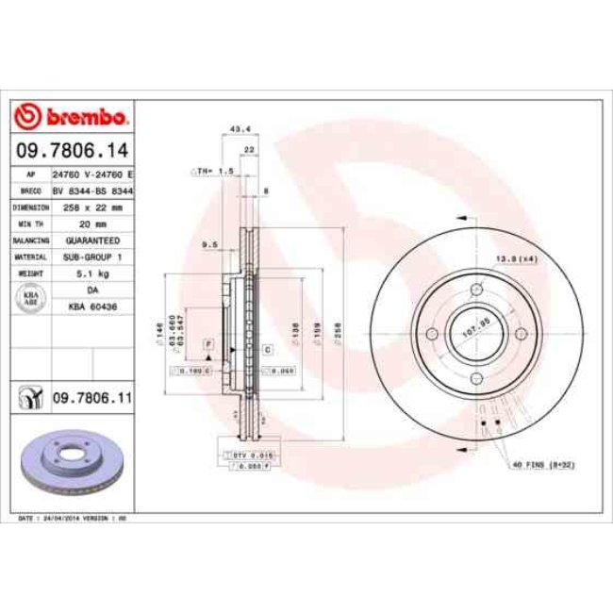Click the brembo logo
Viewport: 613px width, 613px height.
[72, 117]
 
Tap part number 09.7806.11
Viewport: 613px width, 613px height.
[91, 399]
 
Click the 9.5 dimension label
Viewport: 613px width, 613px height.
[210, 244]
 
